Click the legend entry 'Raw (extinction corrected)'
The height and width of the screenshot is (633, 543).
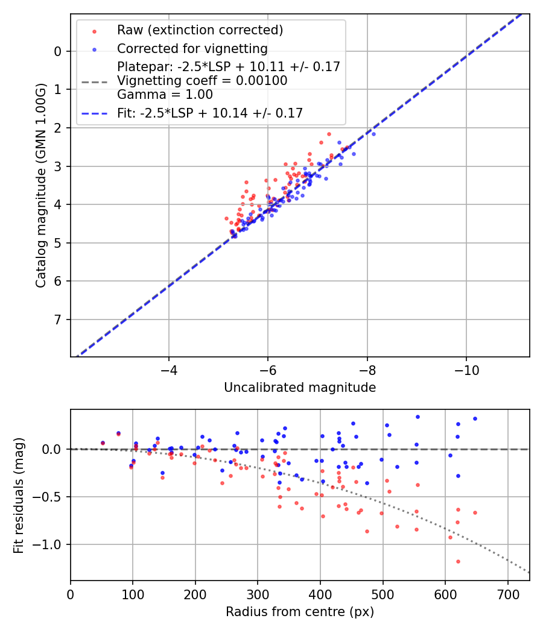(200, 30)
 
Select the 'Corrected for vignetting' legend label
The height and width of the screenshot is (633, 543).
(192, 48)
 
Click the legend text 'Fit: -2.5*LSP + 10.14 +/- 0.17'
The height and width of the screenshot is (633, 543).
(210, 113)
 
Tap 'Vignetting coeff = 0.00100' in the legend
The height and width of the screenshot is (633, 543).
(202, 80)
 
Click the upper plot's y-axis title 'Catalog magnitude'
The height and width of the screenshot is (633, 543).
(41, 186)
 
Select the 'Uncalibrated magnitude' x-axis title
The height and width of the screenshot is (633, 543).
(300, 388)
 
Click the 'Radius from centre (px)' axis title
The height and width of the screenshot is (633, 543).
(300, 612)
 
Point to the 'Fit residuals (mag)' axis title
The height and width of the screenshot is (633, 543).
(19, 495)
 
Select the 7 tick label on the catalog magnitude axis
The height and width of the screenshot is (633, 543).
(58, 320)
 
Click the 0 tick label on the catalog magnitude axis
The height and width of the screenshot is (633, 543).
(58, 51)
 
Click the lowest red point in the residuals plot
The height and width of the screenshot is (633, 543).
(458, 561)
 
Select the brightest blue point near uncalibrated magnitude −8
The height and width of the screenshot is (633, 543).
(373, 134)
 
